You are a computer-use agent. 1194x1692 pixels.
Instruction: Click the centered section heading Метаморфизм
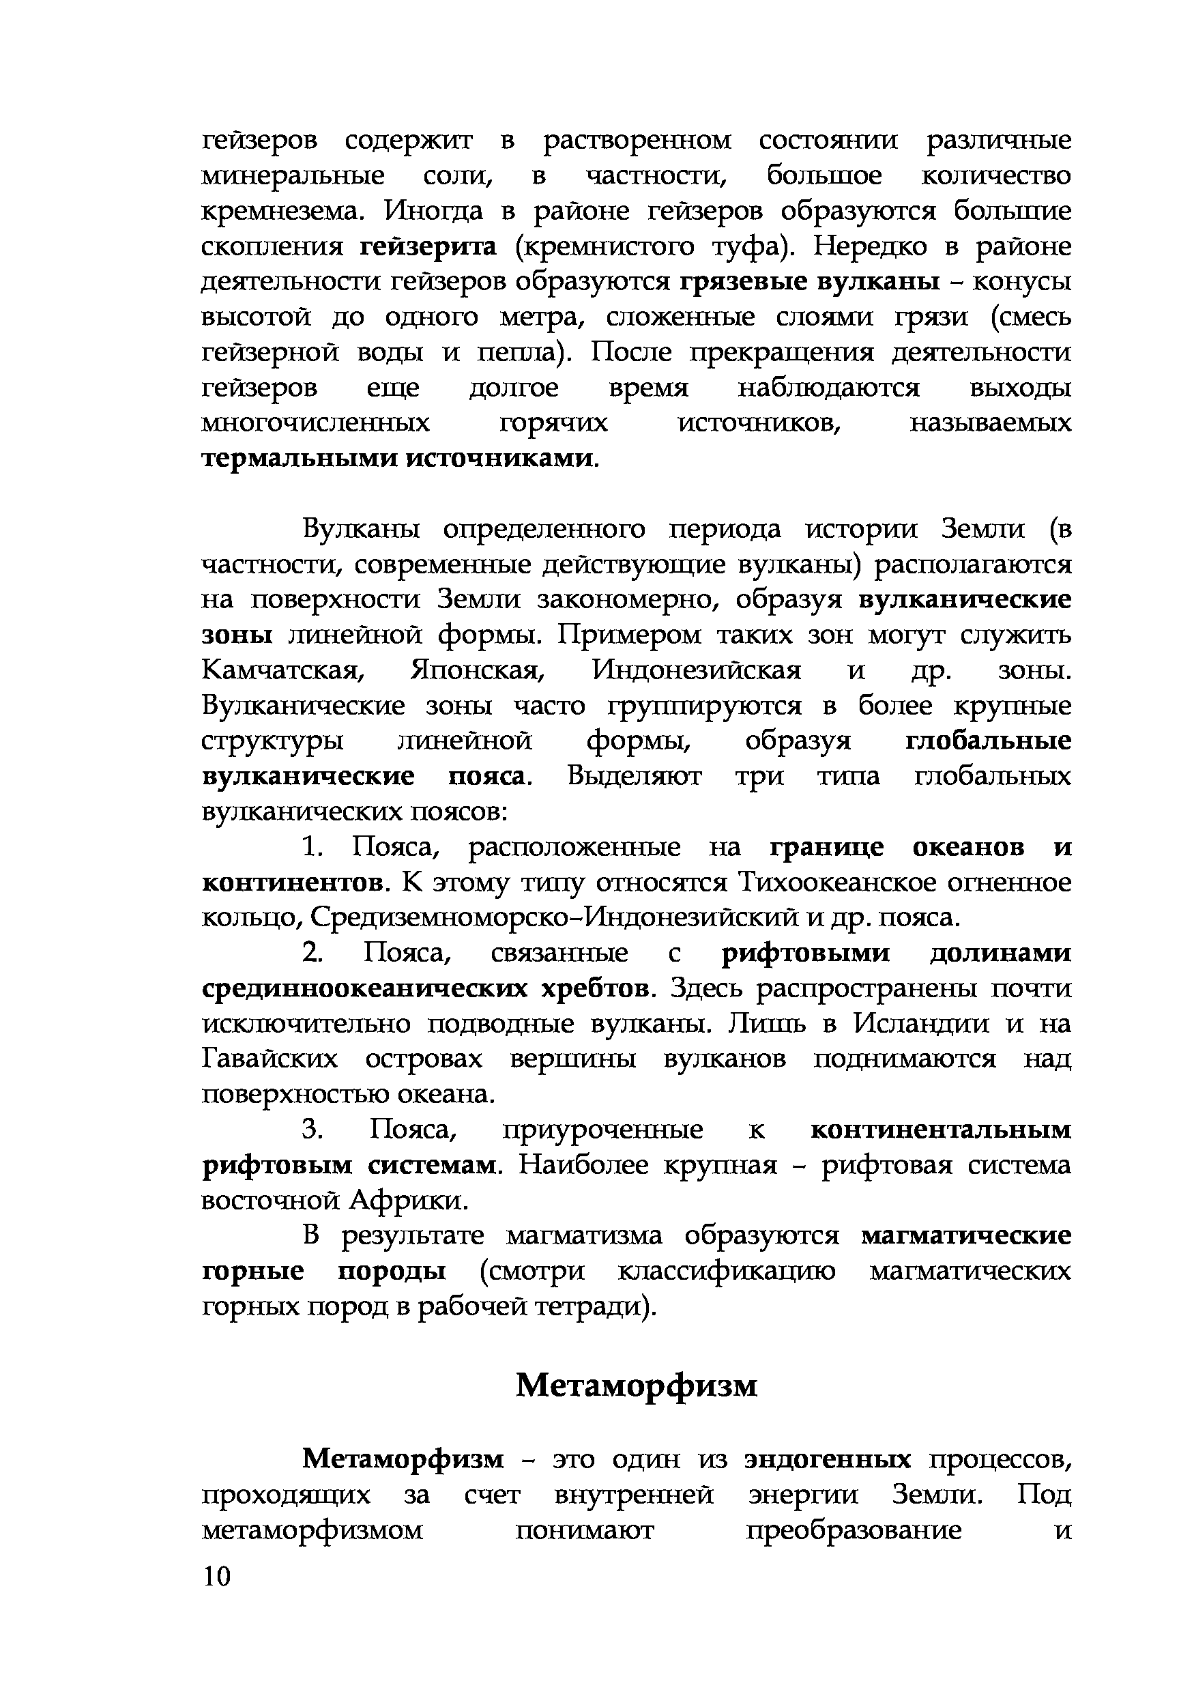(x=637, y=1385)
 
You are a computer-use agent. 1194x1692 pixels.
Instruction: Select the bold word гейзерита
(x=428, y=246)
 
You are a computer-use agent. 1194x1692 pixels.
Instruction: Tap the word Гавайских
(x=270, y=1059)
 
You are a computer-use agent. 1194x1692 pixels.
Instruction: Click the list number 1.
(x=312, y=848)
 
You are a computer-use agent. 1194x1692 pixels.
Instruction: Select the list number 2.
(x=312, y=953)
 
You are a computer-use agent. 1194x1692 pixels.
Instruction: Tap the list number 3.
(x=313, y=1130)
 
